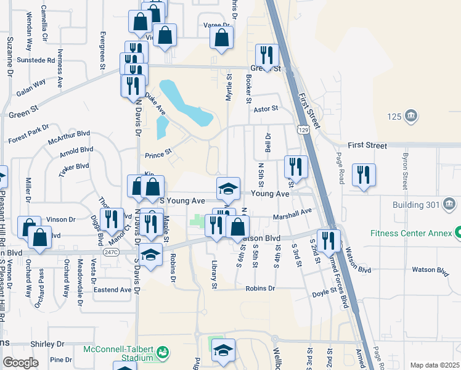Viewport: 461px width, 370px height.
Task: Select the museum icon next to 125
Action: [x=412, y=116]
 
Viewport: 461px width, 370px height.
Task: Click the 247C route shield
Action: [x=111, y=252]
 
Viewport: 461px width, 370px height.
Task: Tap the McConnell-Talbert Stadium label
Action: [x=118, y=353]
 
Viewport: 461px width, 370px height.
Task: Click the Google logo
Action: [x=20, y=363]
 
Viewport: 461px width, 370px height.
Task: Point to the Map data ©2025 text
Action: [x=434, y=365]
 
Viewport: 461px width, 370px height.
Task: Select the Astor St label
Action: [x=266, y=109]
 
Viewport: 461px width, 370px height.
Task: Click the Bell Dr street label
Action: [x=268, y=143]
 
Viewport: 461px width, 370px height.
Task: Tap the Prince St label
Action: [x=157, y=155]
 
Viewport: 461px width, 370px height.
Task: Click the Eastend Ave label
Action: [x=112, y=289]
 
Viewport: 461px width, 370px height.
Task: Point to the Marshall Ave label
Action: [x=293, y=213]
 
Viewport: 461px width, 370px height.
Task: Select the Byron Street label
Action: [x=406, y=171]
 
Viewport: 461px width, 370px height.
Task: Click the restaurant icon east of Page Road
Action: [x=364, y=174]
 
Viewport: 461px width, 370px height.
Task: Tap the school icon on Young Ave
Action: [x=227, y=188]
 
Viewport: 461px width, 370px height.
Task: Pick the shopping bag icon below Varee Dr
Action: [x=221, y=38]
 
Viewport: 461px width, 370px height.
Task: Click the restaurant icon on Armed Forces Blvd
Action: [x=331, y=240]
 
